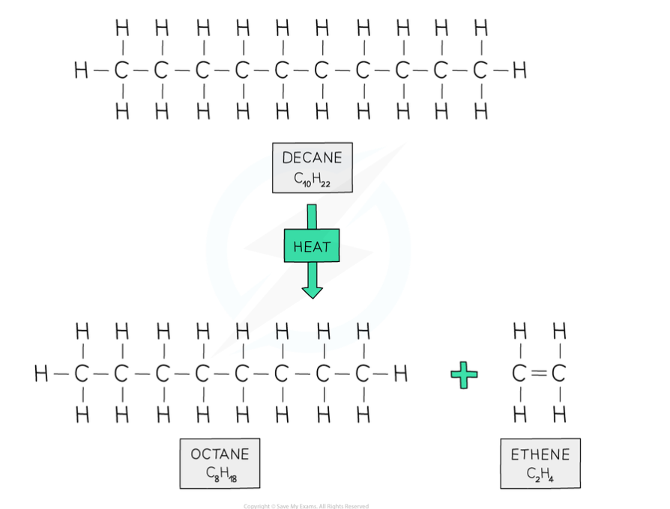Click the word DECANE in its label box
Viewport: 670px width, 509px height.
[x=312, y=158]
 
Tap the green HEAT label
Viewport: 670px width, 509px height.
[x=312, y=246]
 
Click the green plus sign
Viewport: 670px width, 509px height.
[x=464, y=374]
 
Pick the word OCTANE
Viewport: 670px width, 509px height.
[x=220, y=454]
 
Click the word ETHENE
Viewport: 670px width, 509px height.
[x=540, y=454]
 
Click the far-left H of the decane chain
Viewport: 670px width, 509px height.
[x=81, y=71]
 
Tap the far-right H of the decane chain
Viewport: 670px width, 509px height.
[x=519, y=71]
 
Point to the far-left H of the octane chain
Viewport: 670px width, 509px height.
[x=41, y=373]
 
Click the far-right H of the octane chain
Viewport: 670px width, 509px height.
[x=401, y=373]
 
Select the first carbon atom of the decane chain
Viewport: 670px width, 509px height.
[x=121, y=71]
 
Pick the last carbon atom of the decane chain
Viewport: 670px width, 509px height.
[x=480, y=71]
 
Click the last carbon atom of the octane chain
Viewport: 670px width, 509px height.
[x=363, y=373]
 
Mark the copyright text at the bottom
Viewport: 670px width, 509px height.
[x=306, y=506]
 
